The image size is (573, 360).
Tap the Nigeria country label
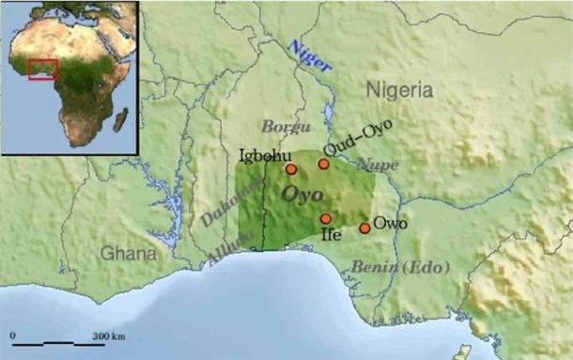point(397,91)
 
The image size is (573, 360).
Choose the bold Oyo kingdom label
point(302,195)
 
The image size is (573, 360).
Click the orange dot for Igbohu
point(291,169)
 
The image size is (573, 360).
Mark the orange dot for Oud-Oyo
point(323,164)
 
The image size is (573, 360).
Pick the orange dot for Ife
point(325,219)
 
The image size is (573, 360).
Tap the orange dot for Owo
point(364,228)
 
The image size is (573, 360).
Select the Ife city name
point(330,235)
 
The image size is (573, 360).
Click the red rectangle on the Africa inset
point(43,70)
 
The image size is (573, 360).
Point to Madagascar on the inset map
point(121,118)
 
